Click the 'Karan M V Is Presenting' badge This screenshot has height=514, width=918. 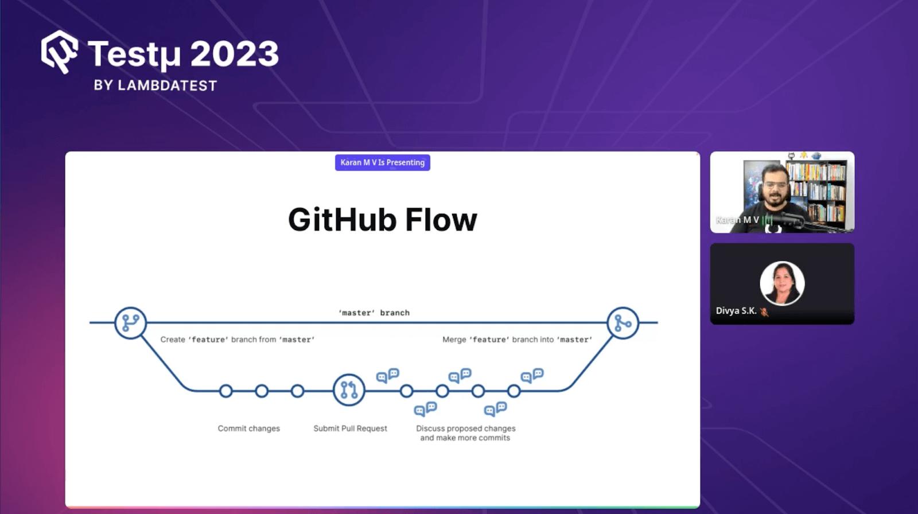point(382,162)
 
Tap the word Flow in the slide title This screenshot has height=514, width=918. point(441,220)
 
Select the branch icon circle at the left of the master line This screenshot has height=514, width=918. point(130,323)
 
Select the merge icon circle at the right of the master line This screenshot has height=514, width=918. point(623,323)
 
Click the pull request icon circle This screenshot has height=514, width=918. point(349,390)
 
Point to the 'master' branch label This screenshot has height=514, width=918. point(374,313)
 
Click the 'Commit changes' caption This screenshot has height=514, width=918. point(248,429)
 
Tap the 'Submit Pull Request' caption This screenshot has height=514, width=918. point(350,429)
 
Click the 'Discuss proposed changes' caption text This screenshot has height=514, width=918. point(465,429)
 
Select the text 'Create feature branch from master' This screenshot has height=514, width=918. point(237,340)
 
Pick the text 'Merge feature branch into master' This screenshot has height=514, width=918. point(517,340)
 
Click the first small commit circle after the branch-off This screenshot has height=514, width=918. point(226,391)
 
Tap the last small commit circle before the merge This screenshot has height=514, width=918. point(514,391)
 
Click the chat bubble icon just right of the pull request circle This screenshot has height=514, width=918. point(387,375)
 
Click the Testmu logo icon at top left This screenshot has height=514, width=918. point(59,52)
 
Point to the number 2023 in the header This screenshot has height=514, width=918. point(234,54)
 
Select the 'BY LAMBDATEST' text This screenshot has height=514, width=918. point(155,85)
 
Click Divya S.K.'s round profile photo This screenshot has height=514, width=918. point(782,283)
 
